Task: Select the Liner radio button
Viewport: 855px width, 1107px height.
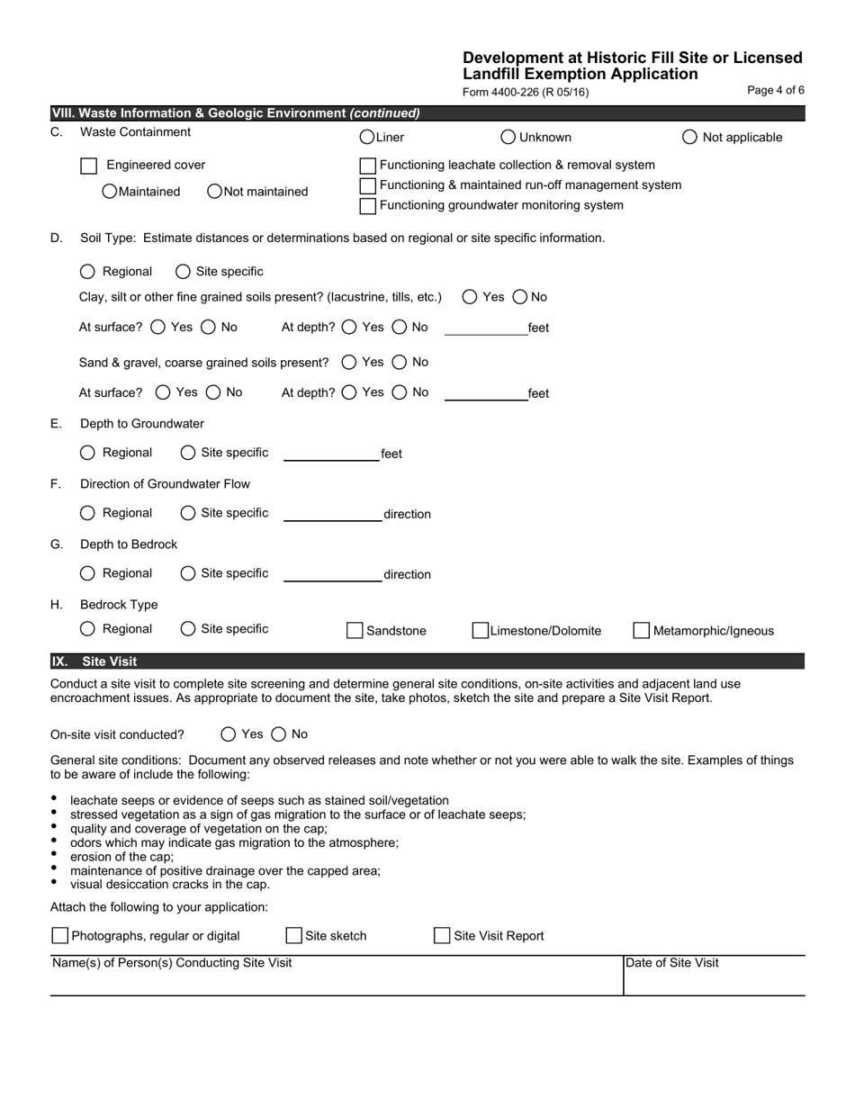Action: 367,137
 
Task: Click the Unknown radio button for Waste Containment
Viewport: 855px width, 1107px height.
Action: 508,137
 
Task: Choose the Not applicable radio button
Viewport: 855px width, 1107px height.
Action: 690,137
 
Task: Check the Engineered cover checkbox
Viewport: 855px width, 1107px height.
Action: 89,166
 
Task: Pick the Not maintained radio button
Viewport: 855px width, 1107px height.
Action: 215,191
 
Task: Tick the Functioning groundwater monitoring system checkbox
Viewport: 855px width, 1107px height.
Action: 368,206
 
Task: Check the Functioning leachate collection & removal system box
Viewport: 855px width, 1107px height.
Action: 368,166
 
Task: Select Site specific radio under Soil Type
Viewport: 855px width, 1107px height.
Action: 183,271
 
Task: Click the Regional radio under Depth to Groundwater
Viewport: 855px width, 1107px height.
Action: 87,453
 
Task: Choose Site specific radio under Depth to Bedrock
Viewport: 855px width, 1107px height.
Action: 188,573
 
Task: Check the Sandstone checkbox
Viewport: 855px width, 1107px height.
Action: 355,631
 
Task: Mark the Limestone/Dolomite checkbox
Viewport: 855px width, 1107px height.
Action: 481,631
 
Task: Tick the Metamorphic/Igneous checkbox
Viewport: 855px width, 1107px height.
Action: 642,631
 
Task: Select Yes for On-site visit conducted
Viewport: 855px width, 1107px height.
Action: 229,734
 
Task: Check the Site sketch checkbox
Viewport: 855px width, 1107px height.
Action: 294,936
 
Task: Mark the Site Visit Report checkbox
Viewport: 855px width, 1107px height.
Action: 442,936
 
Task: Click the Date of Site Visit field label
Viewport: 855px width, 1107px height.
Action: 672,963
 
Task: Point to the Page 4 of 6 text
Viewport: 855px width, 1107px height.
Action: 776,90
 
